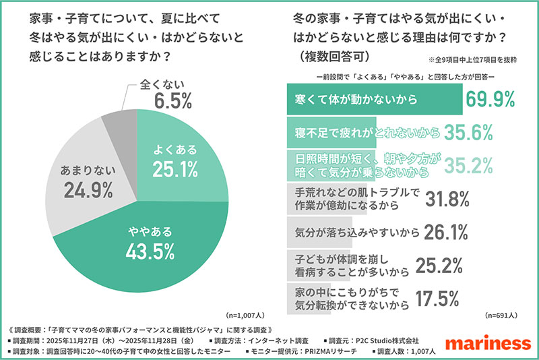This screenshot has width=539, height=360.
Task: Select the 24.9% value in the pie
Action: click(88, 190)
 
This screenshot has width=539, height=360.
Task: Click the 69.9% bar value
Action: click(490, 99)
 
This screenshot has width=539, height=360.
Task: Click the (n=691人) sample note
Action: click(502, 315)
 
